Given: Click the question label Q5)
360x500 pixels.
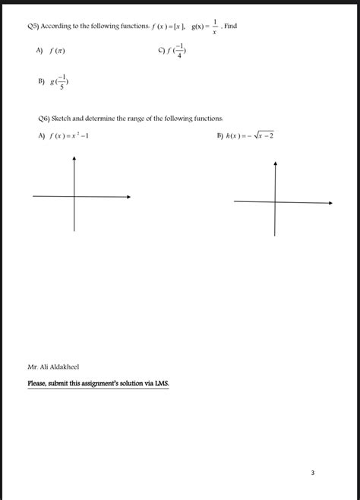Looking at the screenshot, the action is pyautogui.click(x=33, y=26).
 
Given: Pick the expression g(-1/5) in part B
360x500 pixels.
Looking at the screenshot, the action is pyautogui.click(x=58, y=82).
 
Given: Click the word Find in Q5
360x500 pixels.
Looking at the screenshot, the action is pyautogui.click(x=231, y=26).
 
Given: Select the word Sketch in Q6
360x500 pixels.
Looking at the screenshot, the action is pyautogui.click(x=63, y=119).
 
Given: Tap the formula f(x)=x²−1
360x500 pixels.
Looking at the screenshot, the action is pyautogui.click(x=73, y=137).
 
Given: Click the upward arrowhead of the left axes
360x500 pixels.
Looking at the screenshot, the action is pyautogui.click(x=74, y=159).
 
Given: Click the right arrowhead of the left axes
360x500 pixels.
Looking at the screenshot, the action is pyautogui.click(x=128, y=197).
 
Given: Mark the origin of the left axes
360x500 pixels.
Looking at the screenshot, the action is pyautogui.click(x=74, y=197).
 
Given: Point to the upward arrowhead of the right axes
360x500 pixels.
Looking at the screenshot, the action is pyautogui.click(x=275, y=163).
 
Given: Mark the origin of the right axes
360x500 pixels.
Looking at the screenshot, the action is pyautogui.click(x=275, y=201).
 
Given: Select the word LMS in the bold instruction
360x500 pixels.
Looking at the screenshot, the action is pyautogui.click(x=161, y=383).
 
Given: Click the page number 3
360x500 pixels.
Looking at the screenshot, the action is pyautogui.click(x=312, y=473).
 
